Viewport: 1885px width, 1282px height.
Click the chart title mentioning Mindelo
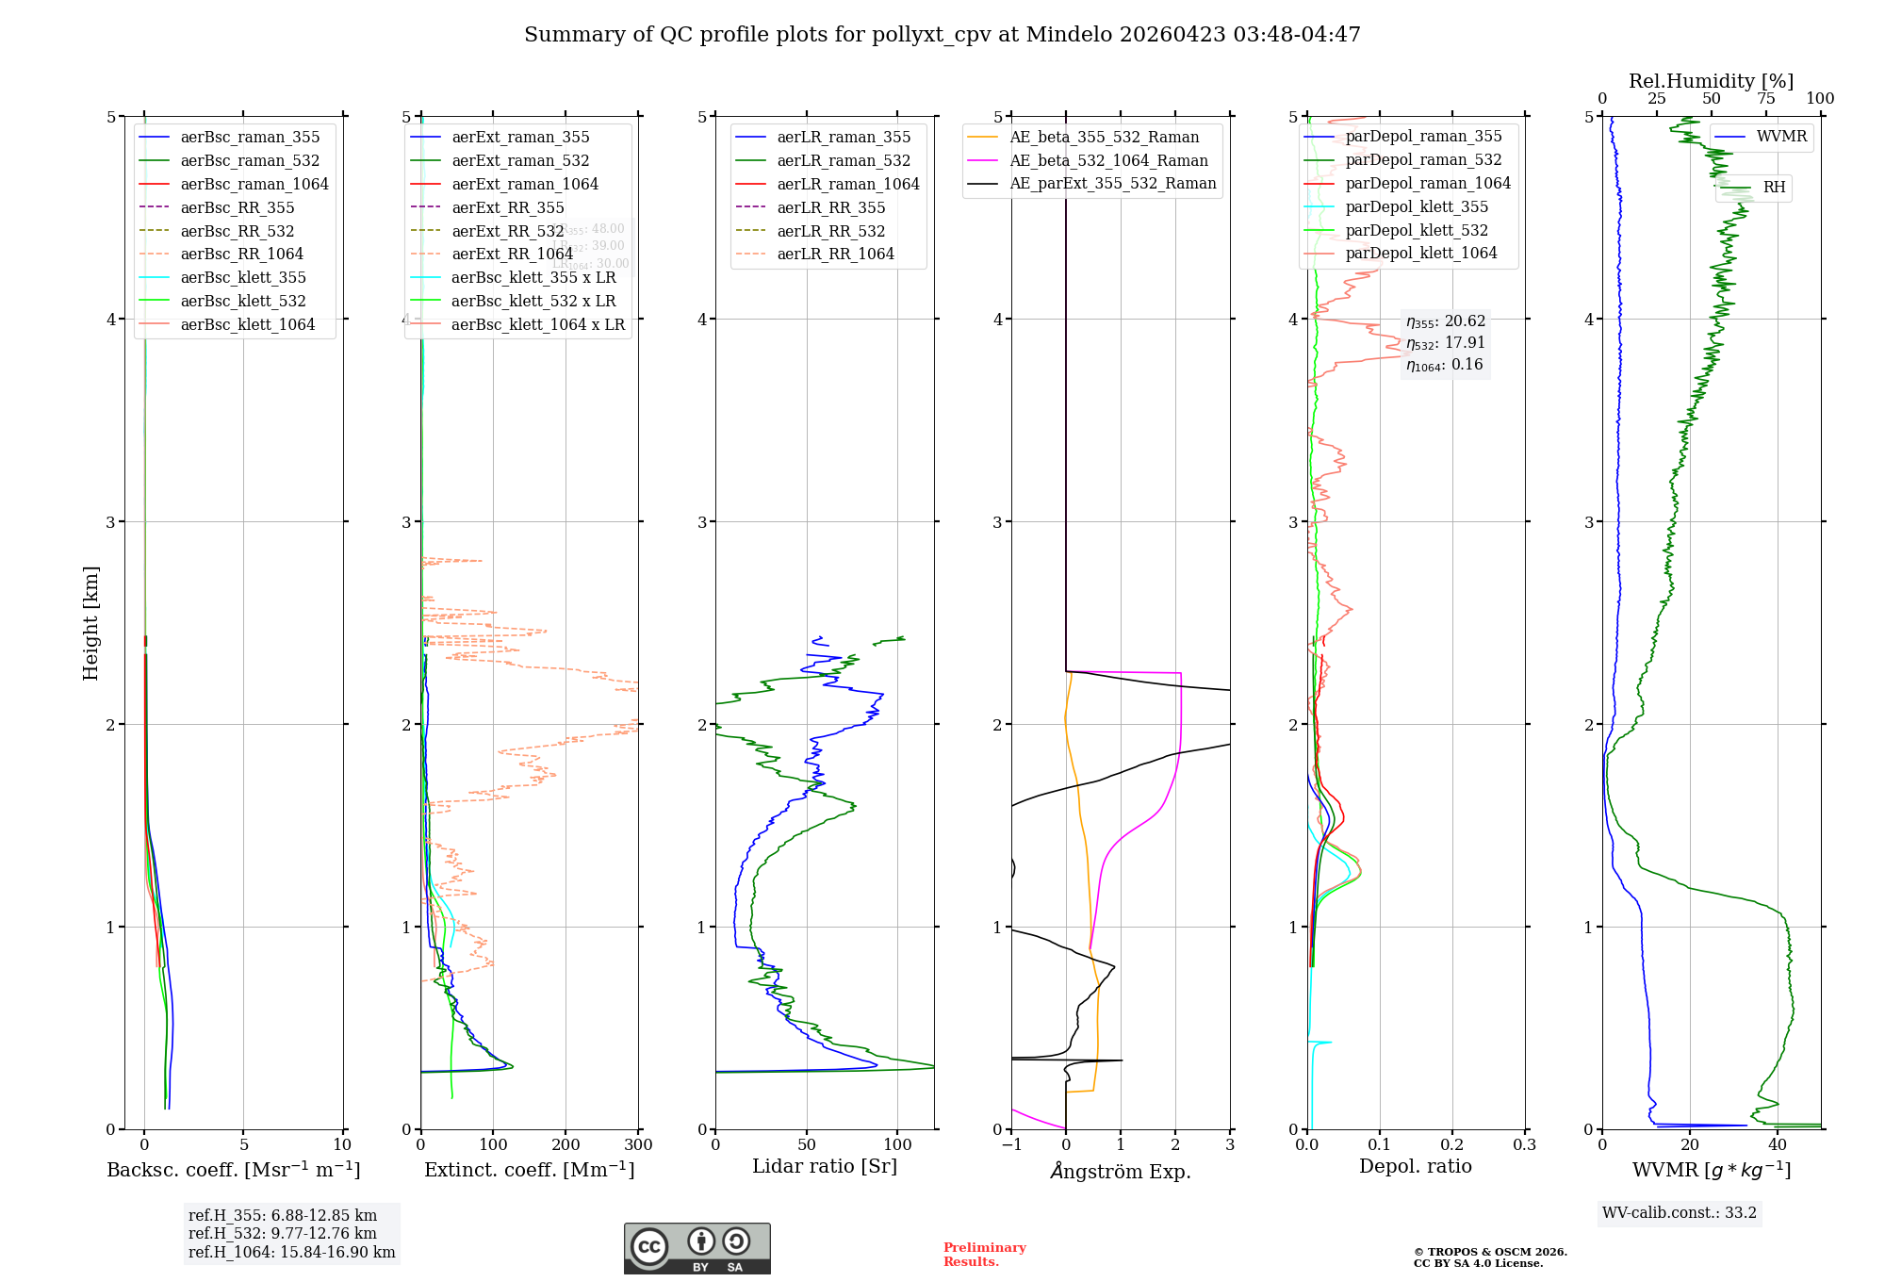pos(942,35)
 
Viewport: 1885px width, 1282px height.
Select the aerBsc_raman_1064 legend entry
pos(254,184)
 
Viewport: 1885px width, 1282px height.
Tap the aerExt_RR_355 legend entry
pos(507,207)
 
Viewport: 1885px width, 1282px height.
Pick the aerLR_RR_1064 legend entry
pos(835,254)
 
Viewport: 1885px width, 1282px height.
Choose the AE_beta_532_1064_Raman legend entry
pos(1108,160)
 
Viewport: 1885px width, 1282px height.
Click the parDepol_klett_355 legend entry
pos(1417,206)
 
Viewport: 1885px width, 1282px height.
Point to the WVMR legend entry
pos(1781,137)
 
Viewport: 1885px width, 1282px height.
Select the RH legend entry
pos(1774,188)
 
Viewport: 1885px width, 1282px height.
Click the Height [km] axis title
pos(90,623)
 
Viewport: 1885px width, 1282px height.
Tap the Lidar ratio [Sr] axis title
pos(825,1166)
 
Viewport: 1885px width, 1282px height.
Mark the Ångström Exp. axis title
pos(1121,1171)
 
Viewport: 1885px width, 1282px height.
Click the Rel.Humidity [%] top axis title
pos(1711,81)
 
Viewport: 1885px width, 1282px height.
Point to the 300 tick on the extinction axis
pos(639,1145)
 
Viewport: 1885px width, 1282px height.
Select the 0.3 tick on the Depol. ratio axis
pos(1524,1145)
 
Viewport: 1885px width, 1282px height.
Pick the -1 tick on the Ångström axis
pos(1012,1145)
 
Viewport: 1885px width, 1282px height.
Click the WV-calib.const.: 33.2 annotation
pos(1680,1212)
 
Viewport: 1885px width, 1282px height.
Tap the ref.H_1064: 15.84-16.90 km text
pos(291,1252)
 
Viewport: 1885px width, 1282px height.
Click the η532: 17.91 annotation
pos(1445,343)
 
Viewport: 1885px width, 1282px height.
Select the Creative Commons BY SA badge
pos(697,1248)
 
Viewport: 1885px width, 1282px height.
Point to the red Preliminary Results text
pos(984,1254)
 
